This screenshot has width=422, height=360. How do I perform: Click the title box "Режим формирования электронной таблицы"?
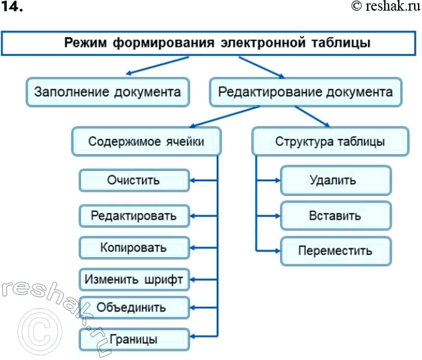pyautogui.click(x=211, y=44)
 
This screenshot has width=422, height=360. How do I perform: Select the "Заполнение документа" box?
pyautogui.click(x=107, y=92)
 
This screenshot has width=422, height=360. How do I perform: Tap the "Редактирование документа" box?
pyautogui.click(x=306, y=92)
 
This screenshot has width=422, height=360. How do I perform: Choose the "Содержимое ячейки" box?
pyautogui.click(x=146, y=141)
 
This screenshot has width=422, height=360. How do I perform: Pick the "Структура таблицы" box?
pyautogui.click(x=330, y=141)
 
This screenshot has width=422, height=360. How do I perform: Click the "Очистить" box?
pyautogui.click(x=134, y=180)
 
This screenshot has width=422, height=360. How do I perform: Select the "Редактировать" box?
pyautogui.click(x=134, y=216)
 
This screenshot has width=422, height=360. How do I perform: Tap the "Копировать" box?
pyautogui.click(x=134, y=248)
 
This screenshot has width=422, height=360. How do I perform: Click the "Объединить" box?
pyautogui.click(x=134, y=308)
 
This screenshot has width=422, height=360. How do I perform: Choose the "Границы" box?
pyautogui.click(x=134, y=339)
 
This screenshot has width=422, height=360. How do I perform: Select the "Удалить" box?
pyautogui.click(x=335, y=180)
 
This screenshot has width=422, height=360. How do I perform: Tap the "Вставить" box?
pyautogui.click(x=335, y=216)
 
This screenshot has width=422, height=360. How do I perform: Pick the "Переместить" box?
pyautogui.click(x=335, y=251)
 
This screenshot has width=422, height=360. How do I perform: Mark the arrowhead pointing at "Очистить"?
pyautogui.click(x=194, y=180)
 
